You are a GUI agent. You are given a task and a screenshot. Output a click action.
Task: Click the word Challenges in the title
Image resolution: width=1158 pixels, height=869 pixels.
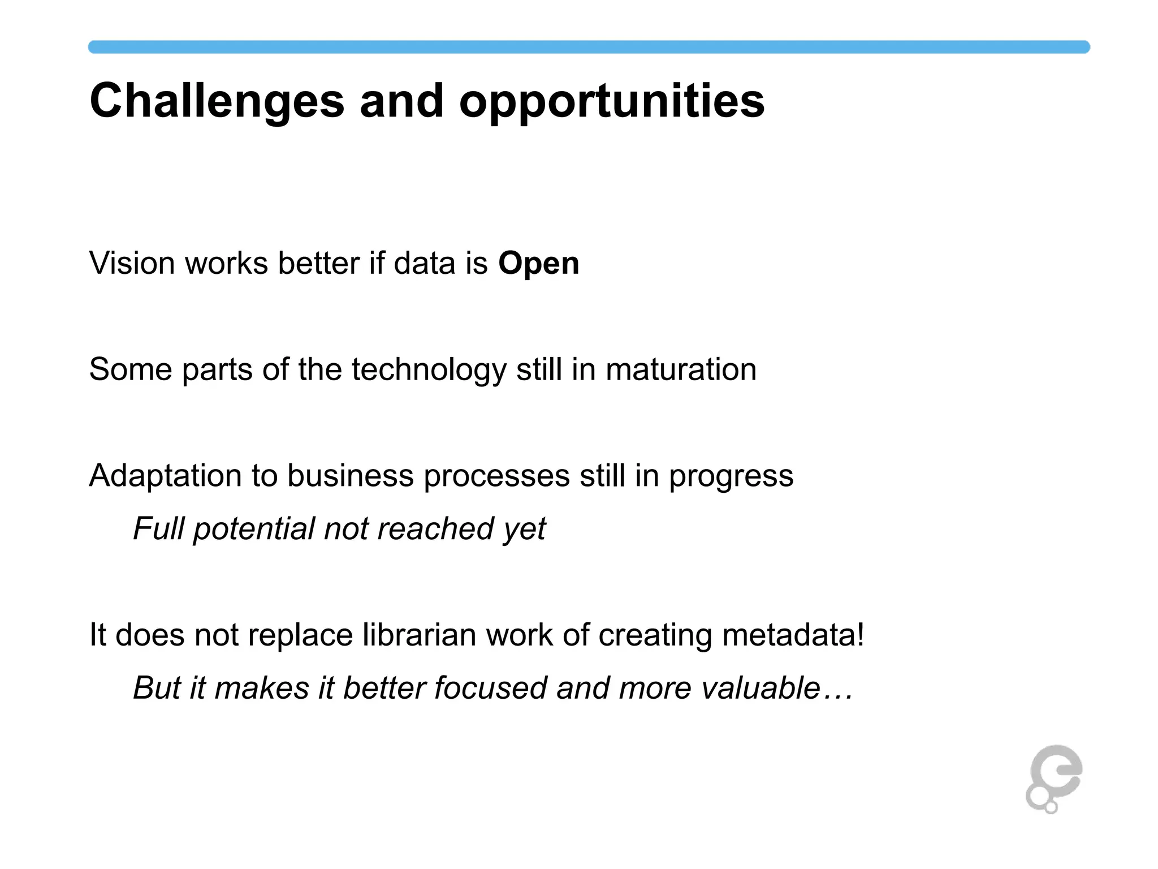click(x=217, y=102)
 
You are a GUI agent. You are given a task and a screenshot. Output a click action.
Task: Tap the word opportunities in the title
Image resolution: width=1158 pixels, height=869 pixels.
click(x=612, y=102)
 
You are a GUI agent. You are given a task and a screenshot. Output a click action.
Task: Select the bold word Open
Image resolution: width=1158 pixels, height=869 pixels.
click(x=538, y=264)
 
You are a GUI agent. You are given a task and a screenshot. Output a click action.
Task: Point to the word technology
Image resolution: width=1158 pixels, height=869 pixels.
click(x=429, y=370)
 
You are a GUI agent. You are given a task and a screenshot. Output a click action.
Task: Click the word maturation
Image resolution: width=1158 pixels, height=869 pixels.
click(x=681, y=370)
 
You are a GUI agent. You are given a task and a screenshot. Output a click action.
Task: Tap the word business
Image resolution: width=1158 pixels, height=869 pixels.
click(x=350, y=476)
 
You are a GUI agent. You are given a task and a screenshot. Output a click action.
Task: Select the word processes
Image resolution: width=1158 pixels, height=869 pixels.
click(x=496, y=476)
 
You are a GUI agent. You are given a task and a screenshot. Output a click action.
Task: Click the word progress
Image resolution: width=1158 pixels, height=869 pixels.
click(x=731, y=476)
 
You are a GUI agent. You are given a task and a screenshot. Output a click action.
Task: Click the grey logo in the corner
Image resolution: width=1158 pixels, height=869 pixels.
click(x=1053, y=779)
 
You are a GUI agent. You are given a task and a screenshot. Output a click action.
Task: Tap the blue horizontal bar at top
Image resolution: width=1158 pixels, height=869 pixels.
click(x=588, y=47)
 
